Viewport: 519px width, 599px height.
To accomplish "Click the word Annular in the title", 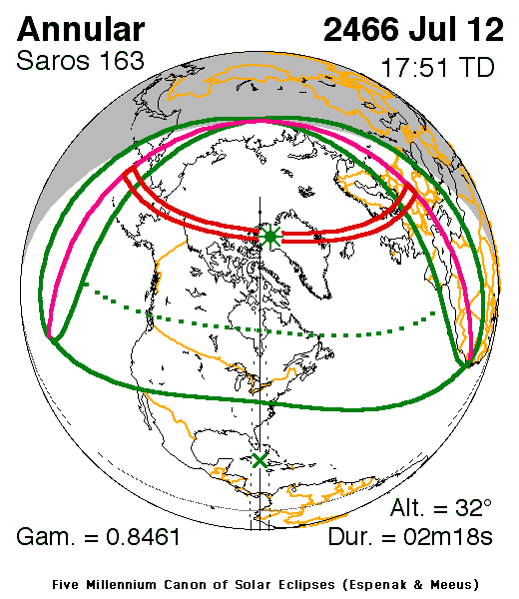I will [81, 28].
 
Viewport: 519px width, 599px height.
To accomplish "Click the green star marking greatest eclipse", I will [269, 237].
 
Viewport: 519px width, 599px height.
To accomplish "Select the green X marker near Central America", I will [260, 460].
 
